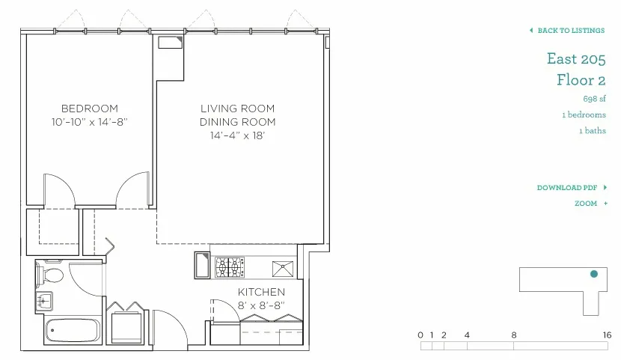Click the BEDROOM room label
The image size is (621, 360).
coord(89,108)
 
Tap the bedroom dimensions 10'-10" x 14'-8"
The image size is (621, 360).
coord(89,121)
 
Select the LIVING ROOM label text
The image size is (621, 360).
coord(237,109)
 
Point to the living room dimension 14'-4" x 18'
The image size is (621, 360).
coord(237,135)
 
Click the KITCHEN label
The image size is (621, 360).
coord(261,292)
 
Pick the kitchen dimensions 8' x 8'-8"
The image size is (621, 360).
coord(261,305)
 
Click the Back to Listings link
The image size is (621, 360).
coord(570,31)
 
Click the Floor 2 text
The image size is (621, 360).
coord(581,79)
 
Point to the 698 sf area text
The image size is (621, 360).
coord(594,99)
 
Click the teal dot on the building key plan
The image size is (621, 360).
coord(594,274)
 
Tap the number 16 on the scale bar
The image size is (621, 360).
coord(606,335)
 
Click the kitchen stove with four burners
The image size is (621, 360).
coord(230,266)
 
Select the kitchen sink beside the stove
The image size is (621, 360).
coord(283,266)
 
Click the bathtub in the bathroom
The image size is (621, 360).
coord(72,331)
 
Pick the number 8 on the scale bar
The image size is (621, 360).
coord(514,335)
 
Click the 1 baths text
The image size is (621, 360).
coord(593,131)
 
